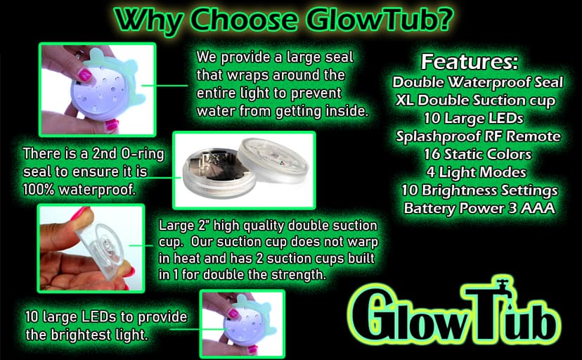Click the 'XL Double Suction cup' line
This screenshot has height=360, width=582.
474,100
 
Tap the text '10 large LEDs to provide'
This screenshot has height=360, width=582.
105,318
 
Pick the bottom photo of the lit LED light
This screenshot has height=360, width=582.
242,324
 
